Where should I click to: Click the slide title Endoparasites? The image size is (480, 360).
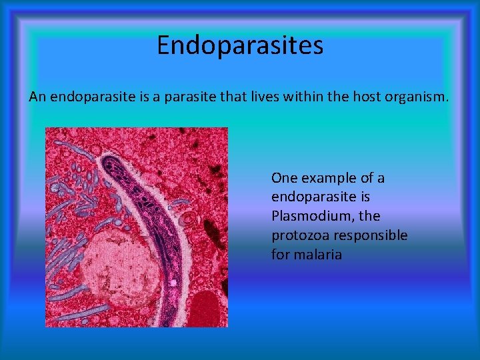pos(240,45)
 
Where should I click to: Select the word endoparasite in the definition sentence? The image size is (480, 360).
pos(97,97)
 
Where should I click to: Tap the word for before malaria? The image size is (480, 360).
pos(280,255)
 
